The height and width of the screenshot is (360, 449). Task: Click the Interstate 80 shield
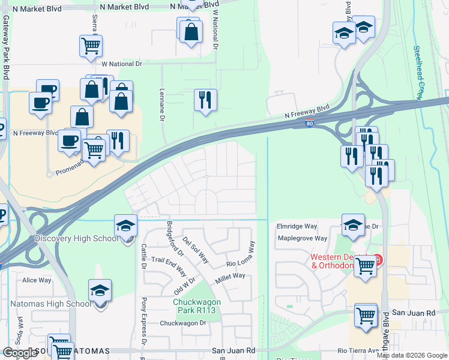(309, 124)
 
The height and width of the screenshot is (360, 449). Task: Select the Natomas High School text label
(50, 304)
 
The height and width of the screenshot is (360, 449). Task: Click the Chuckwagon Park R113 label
(197, 306)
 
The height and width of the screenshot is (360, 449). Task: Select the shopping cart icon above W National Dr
(91, 45)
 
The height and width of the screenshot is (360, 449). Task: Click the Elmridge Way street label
(297, 227)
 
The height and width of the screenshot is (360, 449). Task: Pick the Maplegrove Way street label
(302, 238)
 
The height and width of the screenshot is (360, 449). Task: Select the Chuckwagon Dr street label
(183, 323)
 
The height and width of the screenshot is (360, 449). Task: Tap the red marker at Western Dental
(378, 260)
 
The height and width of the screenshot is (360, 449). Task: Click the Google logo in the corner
(20, 353)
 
